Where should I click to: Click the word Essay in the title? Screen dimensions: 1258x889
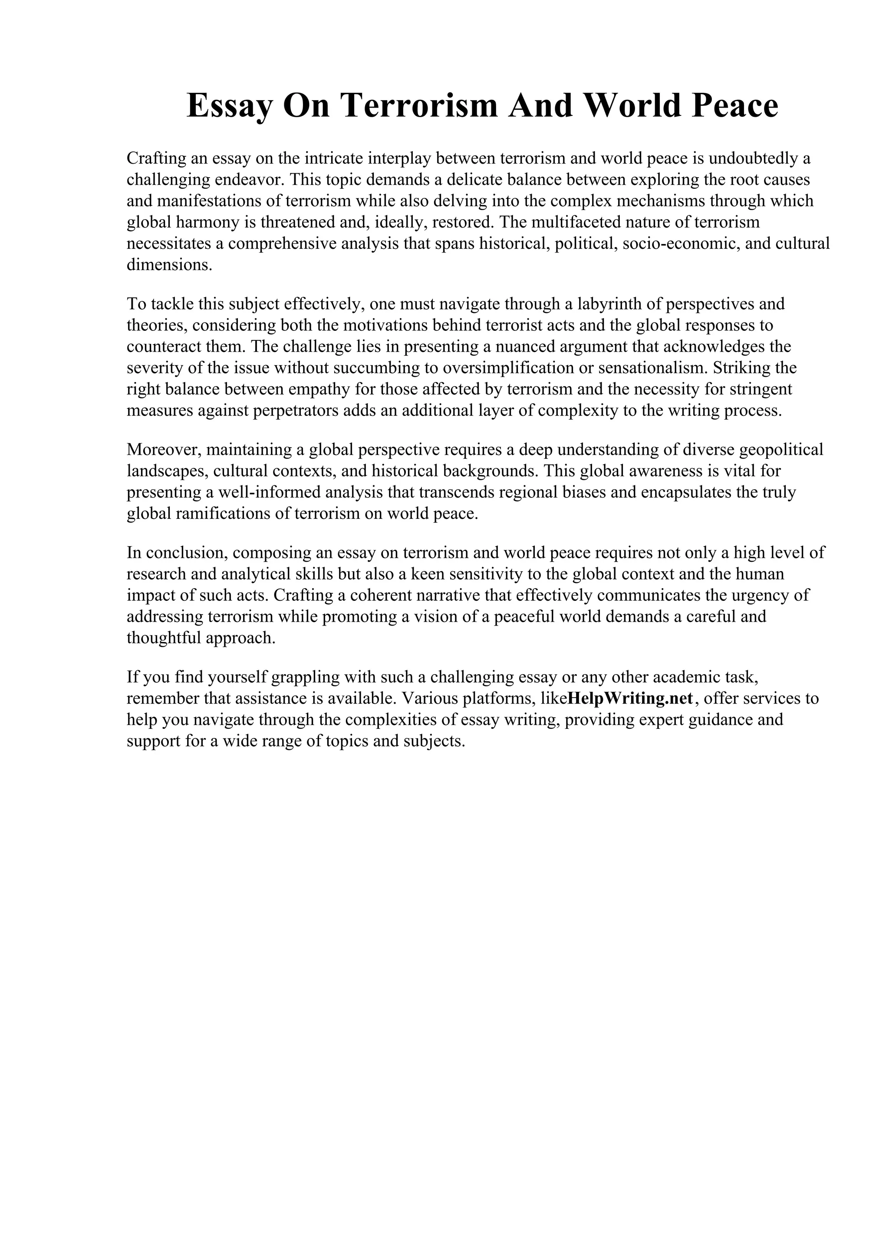point(229,106)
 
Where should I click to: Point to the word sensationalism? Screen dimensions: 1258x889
point(645,368)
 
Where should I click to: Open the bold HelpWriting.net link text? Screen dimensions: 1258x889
point(631,698)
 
